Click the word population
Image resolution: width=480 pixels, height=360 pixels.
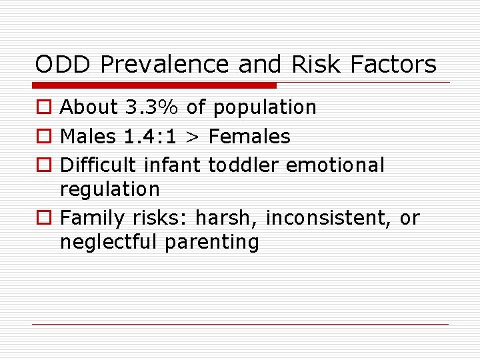(x=263, y=108)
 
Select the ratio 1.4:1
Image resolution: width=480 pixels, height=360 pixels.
(x=151, y=137)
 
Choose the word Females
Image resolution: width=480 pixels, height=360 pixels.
(x=250, y=137)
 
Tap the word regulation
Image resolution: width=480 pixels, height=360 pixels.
(x=110, y=190)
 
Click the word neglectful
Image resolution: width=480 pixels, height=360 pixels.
(x=109, y=242)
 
